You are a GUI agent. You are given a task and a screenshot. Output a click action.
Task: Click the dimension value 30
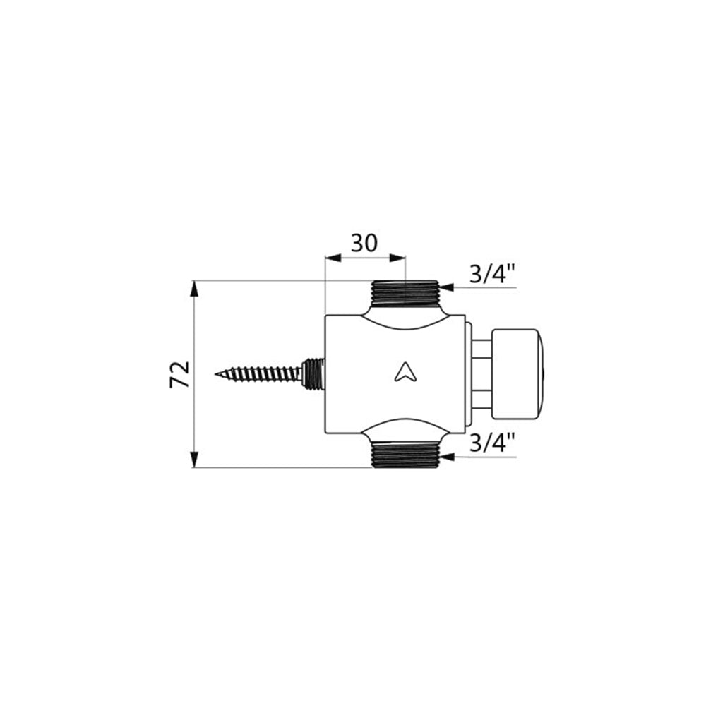point(364,244)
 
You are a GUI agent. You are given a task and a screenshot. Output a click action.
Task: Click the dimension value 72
point(179,373)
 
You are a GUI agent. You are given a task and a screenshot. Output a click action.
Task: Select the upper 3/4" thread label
point(491,273)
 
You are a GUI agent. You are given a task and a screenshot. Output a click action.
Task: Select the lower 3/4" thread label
point(491,443)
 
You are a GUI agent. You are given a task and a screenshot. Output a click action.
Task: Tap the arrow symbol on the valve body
point(404,372)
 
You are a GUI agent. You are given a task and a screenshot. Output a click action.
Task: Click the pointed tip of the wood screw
point(215,373)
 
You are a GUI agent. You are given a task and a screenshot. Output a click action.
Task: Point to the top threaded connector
point(405,293)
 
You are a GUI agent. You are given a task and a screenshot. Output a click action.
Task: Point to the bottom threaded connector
point(405,454)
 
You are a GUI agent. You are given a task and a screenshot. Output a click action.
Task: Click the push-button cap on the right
point(519,375)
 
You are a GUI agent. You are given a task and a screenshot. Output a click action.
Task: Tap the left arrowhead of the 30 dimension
point(333,258)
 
